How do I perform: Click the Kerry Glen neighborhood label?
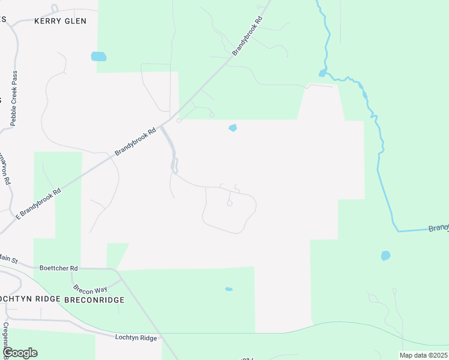[60, 21]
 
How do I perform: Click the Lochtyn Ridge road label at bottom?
[136, 338]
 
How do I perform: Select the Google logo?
[19, 353]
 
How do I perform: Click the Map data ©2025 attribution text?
[423, 355]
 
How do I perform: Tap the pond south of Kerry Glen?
[98, 57]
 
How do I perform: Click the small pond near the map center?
[232, 128]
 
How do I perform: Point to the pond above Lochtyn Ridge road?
[229, 289]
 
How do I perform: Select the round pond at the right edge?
[385, 256]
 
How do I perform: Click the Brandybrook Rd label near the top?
[248, 37]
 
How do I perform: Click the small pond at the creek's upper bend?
[322, 73]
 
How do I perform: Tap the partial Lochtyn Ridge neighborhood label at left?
[30, 299]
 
